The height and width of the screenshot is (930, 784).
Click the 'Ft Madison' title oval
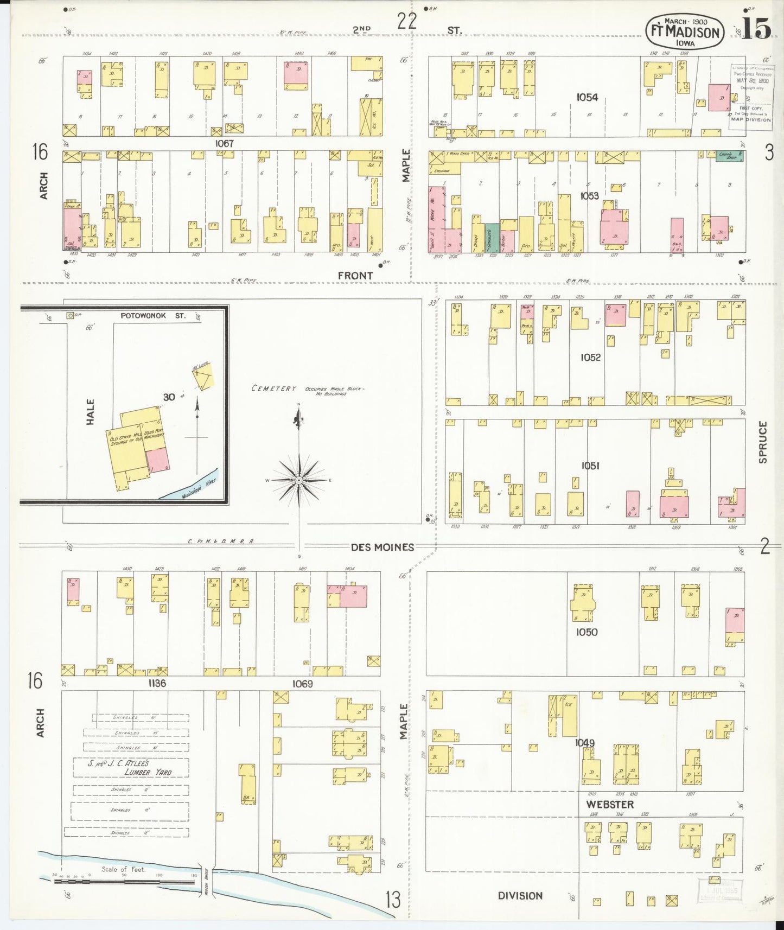coord(685,31)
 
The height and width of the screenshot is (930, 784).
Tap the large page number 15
coord(756,29)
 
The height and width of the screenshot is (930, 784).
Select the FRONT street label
coord(355,276)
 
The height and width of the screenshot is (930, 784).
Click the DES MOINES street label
coord(382,547)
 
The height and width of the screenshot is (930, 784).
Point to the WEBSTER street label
coord(610,804)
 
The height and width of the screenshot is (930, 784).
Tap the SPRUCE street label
coord(763,442)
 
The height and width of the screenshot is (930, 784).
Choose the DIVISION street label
coord(520,895)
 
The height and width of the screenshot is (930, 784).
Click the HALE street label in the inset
coord(91,412)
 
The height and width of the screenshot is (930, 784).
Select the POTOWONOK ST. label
coord(152,316)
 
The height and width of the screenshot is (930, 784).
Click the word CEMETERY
coord(273,388)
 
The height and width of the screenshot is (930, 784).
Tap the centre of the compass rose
coord(299,480)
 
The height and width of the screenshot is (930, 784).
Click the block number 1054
coord(587,97)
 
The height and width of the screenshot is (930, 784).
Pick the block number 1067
coord(224,144)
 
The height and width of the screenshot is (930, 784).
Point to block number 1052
coord(590,357)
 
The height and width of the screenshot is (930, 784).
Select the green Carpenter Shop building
coord(729,155)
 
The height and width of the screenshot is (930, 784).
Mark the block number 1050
coord(587,632)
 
